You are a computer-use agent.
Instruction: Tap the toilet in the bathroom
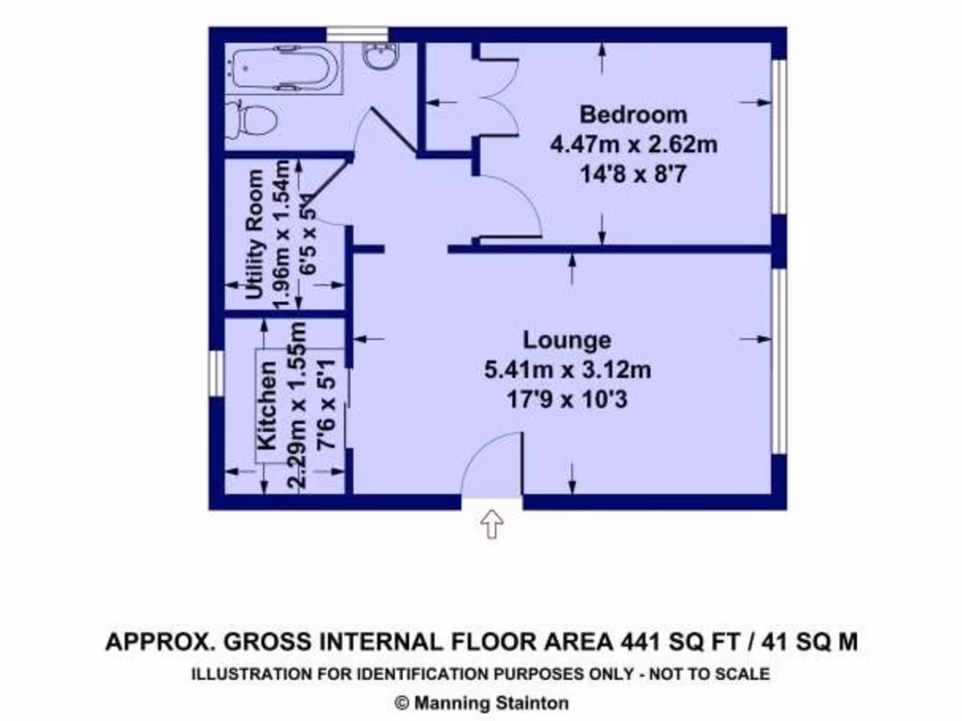tap(253, 120)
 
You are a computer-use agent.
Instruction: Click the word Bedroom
tap(633, 115)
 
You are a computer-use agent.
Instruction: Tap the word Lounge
tap(566, 340)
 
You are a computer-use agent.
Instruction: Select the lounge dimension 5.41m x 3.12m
tap(566, 370)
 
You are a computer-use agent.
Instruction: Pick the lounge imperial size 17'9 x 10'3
tap(566, 400)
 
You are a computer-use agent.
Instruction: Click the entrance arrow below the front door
tap(492, 524)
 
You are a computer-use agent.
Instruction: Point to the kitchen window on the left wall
tap(215, 373)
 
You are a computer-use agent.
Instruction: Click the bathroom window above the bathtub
tap(358, 34)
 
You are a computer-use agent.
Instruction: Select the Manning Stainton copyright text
tap(481, 702)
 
